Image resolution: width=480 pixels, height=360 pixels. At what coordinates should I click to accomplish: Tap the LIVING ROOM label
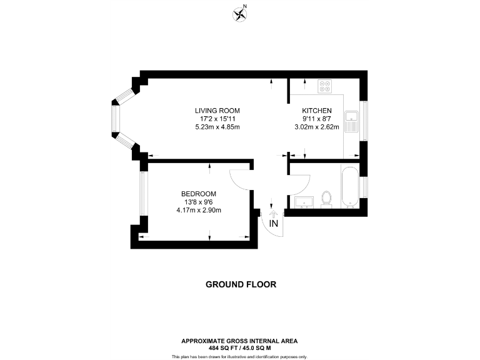(x=217, y=111)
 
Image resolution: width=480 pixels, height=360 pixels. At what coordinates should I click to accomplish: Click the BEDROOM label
(x=199, y=194)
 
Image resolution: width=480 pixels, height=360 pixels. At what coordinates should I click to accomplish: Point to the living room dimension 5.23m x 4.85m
(x=217, y=127)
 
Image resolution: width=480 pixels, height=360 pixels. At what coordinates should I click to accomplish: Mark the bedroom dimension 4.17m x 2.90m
(x=199, y=210)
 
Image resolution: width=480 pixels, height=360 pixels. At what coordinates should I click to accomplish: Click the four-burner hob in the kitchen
(x=325, y=86)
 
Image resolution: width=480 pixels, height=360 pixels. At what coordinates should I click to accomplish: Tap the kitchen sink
(x=352, y=120)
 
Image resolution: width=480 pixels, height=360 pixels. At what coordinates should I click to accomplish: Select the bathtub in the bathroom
(x=350, y=186)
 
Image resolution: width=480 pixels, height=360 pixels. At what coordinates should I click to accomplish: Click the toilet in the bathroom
(x=325, y=198)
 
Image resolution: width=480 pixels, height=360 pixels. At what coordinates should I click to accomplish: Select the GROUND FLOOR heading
(x=241, y=284)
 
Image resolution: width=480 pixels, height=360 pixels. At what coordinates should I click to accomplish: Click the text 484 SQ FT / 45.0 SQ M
(x=239, y=348)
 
